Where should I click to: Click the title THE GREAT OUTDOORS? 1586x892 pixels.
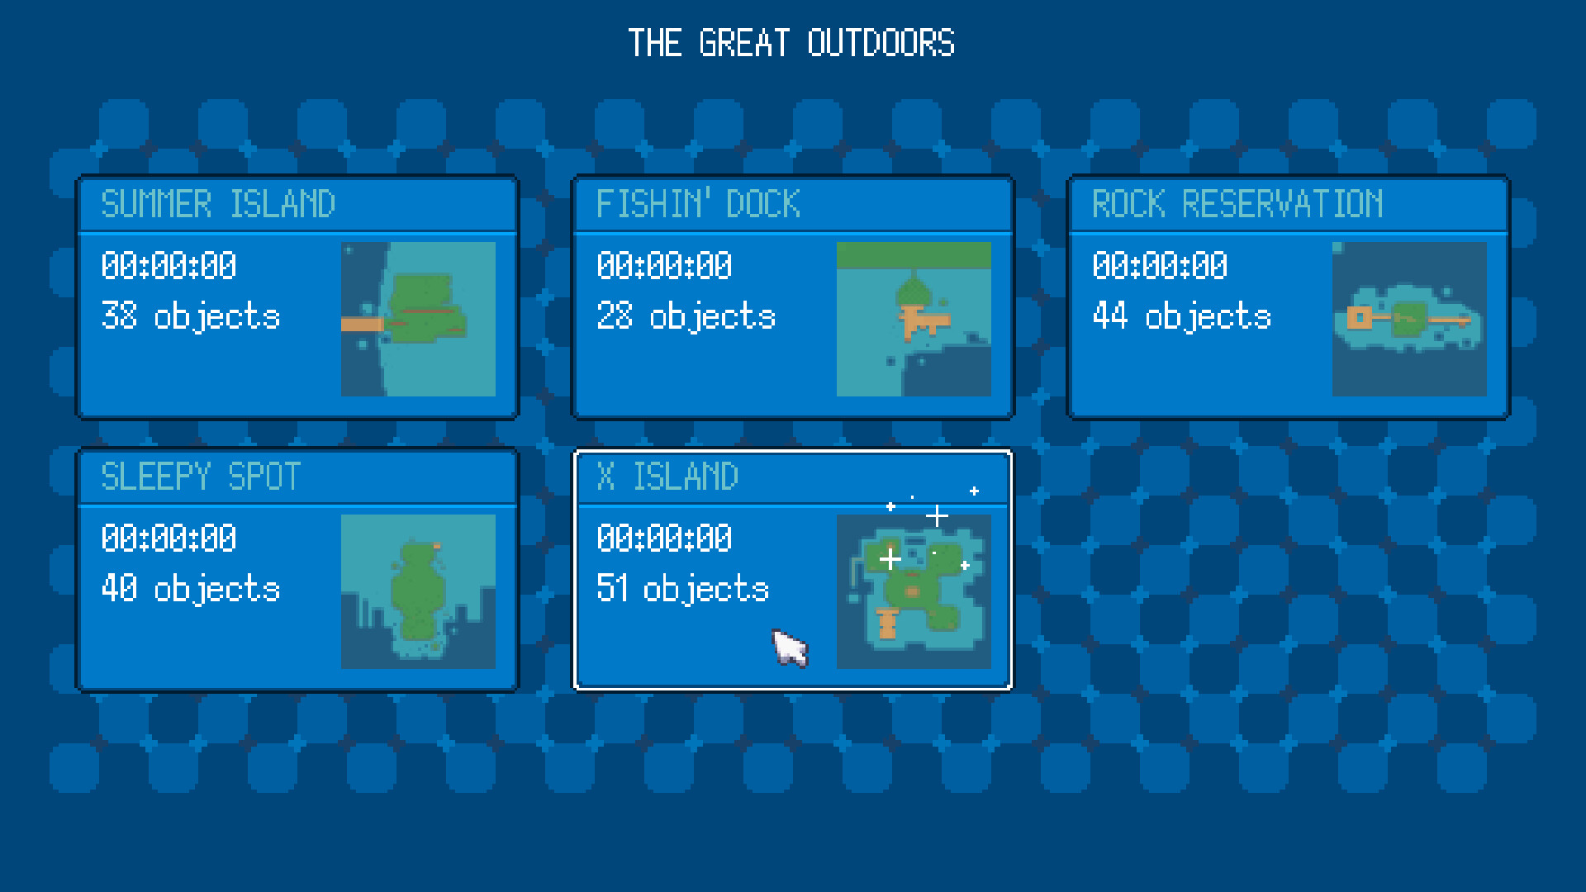click(791, 43)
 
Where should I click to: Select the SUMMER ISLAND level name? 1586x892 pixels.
click(218, 204)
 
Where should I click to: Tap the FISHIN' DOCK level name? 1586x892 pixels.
click(698, 204)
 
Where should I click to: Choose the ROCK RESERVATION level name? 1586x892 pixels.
click(1237, 204)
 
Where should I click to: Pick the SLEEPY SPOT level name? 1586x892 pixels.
click(201, 477)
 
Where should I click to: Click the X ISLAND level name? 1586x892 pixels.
click(667, 477)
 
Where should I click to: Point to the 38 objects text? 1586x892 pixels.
click(190, 316)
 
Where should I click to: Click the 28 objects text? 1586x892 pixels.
click(686, 316)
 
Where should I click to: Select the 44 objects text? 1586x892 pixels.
click(1181, 316)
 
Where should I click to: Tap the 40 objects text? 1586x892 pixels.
click(190, 589)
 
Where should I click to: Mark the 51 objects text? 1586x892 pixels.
click(682, 589)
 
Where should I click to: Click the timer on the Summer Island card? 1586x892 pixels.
click(169, 266)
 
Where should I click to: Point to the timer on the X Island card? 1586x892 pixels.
click(664, 539)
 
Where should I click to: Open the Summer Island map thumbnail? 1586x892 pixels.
click(418, 319)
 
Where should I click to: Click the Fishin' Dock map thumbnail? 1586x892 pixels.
click(914, 319)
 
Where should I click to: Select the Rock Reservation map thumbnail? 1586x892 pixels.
click(1409, 319)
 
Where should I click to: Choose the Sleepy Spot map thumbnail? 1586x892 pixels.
click(418, 591)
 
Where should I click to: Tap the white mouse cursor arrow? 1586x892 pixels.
click(788, 646)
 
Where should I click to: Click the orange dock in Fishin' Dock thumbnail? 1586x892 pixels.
click(920, 320)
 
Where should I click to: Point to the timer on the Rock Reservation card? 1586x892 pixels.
click(1160, 266)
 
